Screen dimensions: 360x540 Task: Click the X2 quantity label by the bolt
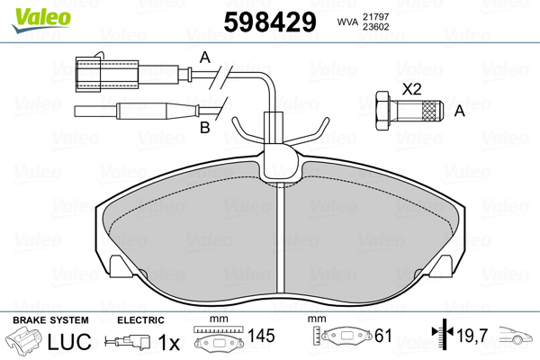(411, 89)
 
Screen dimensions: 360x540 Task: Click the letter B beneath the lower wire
(204, 129)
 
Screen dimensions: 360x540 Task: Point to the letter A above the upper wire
(204, 57)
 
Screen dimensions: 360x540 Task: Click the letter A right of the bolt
(460, 111)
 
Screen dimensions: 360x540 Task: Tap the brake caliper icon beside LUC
(25, 342)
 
